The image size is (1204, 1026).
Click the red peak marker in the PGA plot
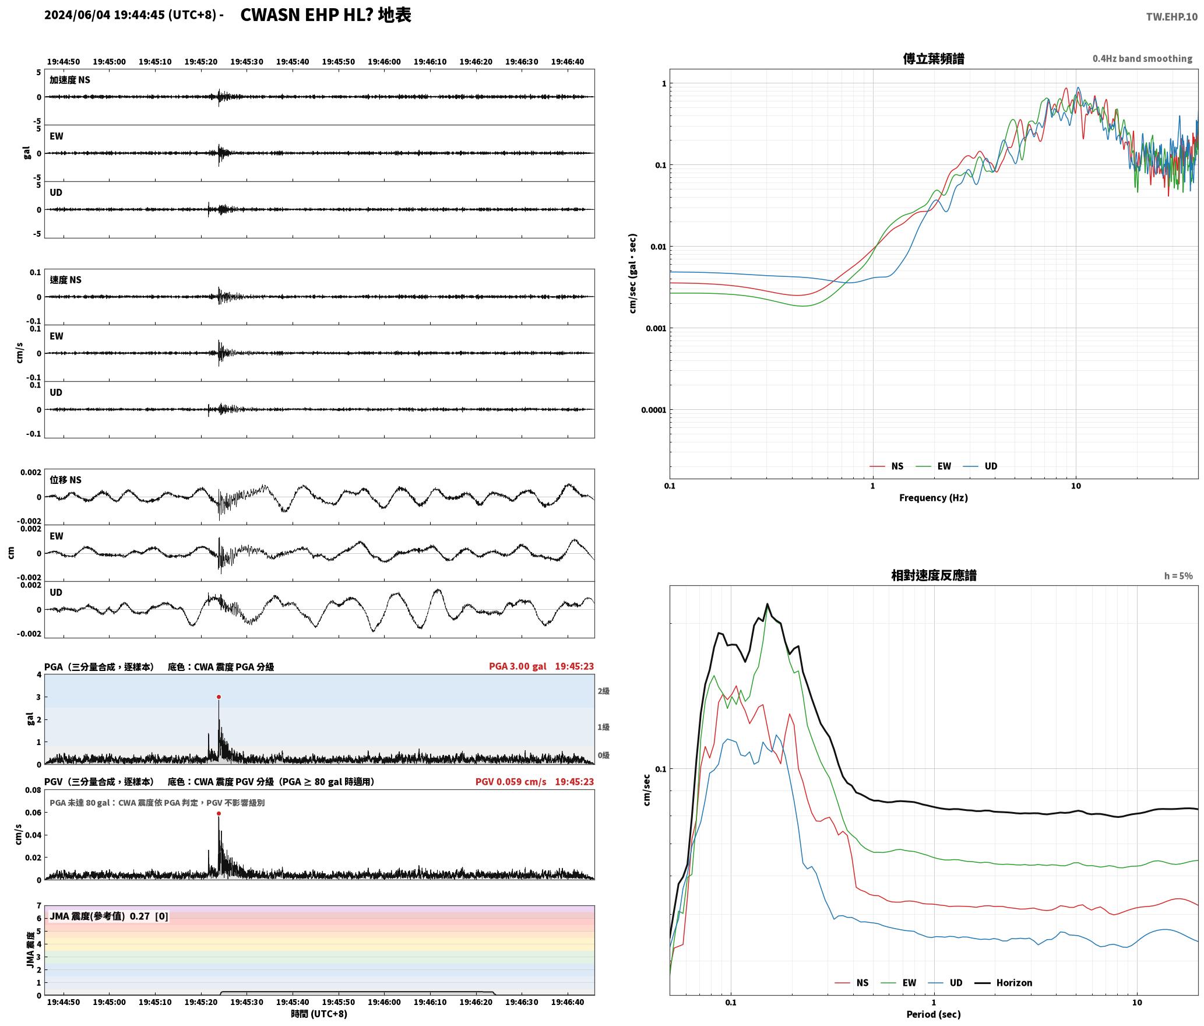(x=219, y=697)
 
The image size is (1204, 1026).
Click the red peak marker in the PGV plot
(x=219, y=813)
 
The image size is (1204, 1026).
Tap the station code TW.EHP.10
(x=1171, y=16)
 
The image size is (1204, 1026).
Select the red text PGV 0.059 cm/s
(x=511, y=782)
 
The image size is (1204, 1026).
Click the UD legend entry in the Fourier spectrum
(x=980, y=466)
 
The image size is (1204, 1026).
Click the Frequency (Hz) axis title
(x=933, y=498)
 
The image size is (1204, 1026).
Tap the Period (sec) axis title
(x=933, y=1014)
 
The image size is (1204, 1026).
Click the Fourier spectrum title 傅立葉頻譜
(x=933, y=59)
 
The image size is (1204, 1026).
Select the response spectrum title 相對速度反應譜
(x=934, y=575)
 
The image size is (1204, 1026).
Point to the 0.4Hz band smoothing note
(x=1142, y=59)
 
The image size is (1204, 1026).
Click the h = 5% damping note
(x=1178, y=576)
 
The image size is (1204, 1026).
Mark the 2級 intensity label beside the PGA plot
(x=603, y=691)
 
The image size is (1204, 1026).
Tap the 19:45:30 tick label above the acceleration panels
(x=247, y=62)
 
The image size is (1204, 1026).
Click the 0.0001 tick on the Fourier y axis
(x=653, y=410)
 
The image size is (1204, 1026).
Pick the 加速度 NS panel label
(x=70, y=80)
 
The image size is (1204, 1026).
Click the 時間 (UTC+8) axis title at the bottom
(x=319, y=1014)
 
